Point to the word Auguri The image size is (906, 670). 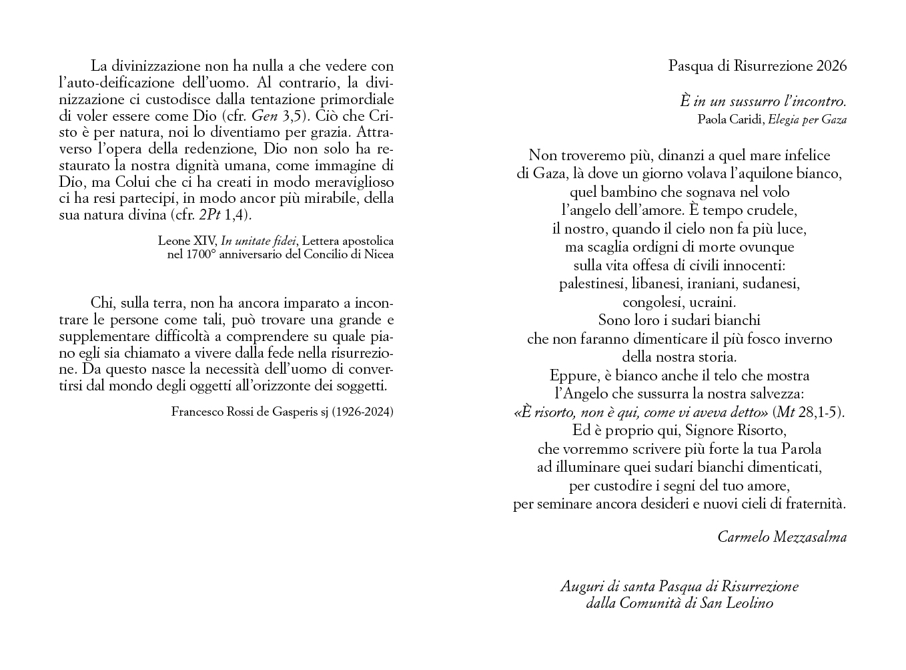point(582,587)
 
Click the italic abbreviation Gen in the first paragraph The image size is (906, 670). point(264,116)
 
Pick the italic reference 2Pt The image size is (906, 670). point(210,215)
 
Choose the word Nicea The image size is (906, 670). point(378,254)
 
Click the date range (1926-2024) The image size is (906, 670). point(363,412)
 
